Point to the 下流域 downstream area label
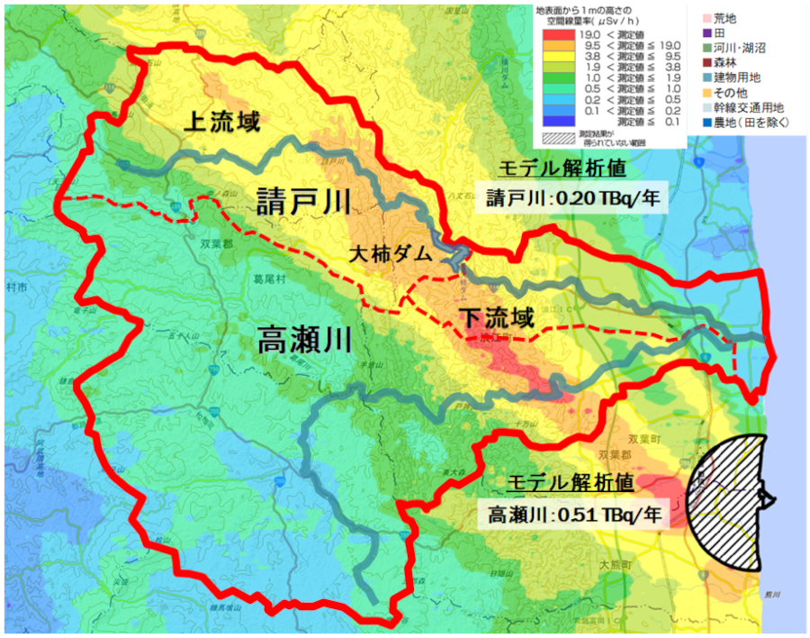[497, 318]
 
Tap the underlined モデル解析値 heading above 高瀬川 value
[572, 483]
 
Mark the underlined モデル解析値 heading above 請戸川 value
[571, 168]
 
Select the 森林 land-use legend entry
[720, 62]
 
